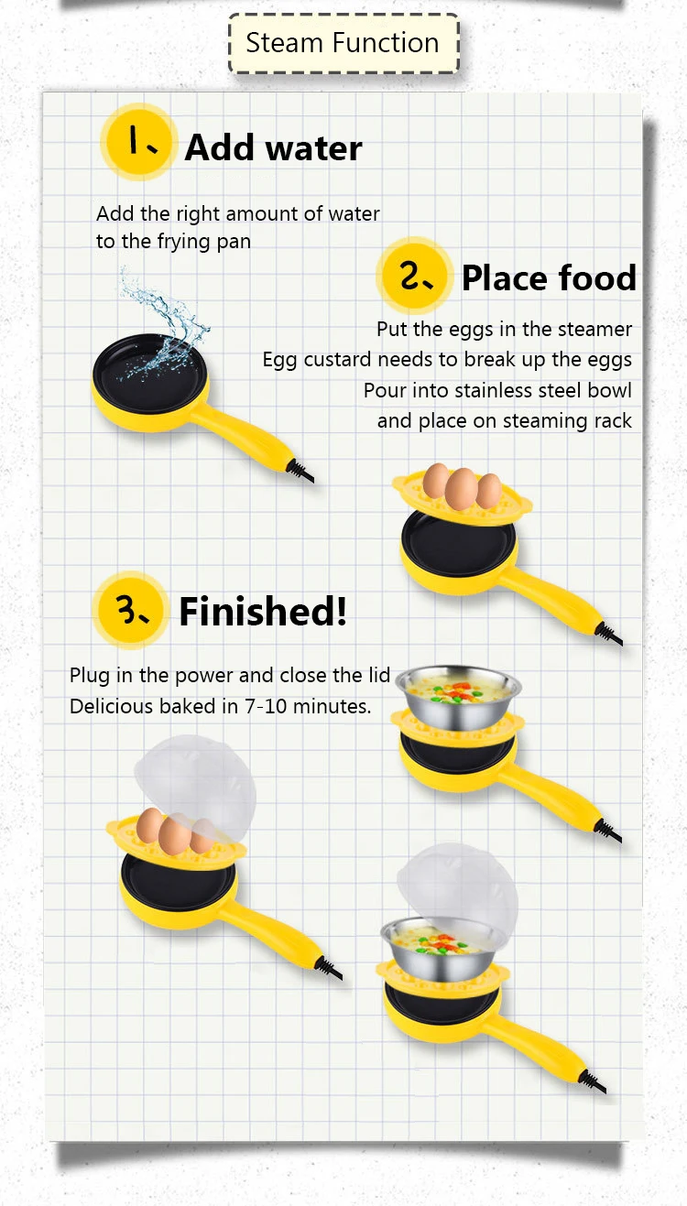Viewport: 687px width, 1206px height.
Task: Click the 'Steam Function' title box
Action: pos(343,43)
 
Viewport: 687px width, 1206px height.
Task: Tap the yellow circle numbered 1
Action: pos(139,142)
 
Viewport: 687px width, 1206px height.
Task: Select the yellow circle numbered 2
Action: pos(414,276)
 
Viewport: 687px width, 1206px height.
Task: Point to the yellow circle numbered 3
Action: pos(131,610)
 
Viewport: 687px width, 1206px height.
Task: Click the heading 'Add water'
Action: pos(273,147)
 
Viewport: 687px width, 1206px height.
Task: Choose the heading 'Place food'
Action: pos(549,278)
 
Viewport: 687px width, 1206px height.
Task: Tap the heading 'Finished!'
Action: pos(263,612)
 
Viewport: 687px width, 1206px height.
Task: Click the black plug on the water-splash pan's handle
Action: pos(300,471)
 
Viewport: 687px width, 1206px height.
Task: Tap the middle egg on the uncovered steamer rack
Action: pos(462,489)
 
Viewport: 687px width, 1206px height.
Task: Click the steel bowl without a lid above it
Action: pos(458,697)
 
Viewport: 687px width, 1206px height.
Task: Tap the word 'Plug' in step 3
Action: pos(90,676)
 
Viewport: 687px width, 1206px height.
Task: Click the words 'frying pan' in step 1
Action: pos(204,242)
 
